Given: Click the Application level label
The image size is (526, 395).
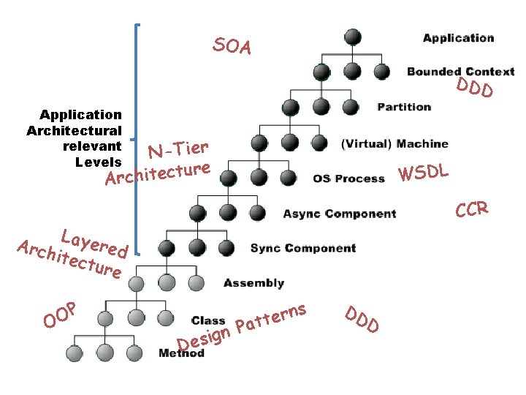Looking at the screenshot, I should point(458,38).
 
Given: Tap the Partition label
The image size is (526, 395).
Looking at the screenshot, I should point(404,107).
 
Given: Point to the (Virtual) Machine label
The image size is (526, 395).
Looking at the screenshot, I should point(394,143).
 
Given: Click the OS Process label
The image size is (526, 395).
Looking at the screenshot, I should point(348,178).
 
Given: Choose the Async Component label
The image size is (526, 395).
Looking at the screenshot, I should point(340,214).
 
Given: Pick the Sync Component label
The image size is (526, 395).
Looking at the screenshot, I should point(303,248).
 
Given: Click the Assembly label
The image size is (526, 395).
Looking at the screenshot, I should point(254,283).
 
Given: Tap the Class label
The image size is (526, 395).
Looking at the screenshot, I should point(207,320).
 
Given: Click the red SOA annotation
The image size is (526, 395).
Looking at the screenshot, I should point(232,46).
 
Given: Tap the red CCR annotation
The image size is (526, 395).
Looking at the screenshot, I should point(471,210).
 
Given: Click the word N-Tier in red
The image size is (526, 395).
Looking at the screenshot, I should point(179,148).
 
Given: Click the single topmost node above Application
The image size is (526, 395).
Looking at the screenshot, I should point(353,37).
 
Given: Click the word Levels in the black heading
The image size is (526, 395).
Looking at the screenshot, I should point(98,161).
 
